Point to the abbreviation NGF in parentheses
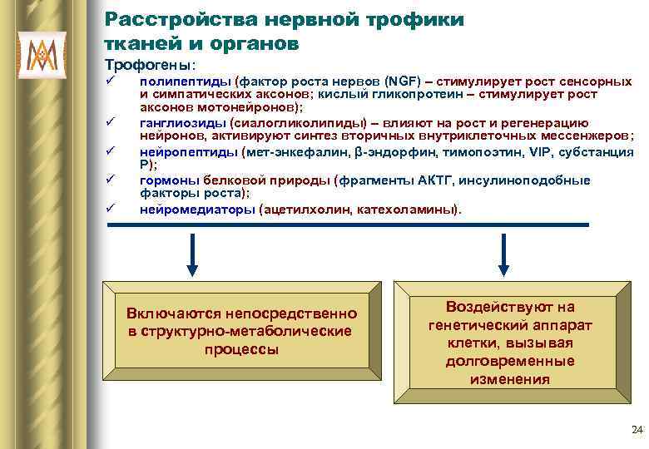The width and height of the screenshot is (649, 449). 398,81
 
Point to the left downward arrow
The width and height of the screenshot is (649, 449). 193,254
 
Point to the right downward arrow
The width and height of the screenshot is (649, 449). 504,254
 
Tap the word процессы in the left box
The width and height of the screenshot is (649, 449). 241,349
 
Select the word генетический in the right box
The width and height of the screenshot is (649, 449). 474,325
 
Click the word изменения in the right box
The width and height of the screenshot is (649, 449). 509,379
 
